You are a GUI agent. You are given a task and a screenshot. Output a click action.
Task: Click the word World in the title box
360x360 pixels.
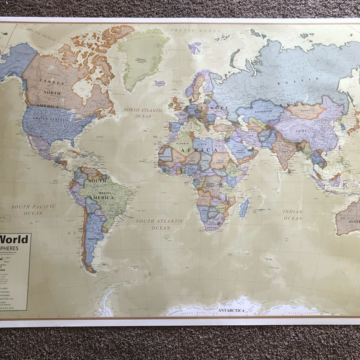(14, 240)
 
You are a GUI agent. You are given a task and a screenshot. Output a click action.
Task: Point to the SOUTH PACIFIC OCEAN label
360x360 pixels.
(32, 209)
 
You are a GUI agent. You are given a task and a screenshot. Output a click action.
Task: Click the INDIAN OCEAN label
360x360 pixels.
(292, 215)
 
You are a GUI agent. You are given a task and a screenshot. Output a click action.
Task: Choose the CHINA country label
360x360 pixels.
(300, 131)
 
